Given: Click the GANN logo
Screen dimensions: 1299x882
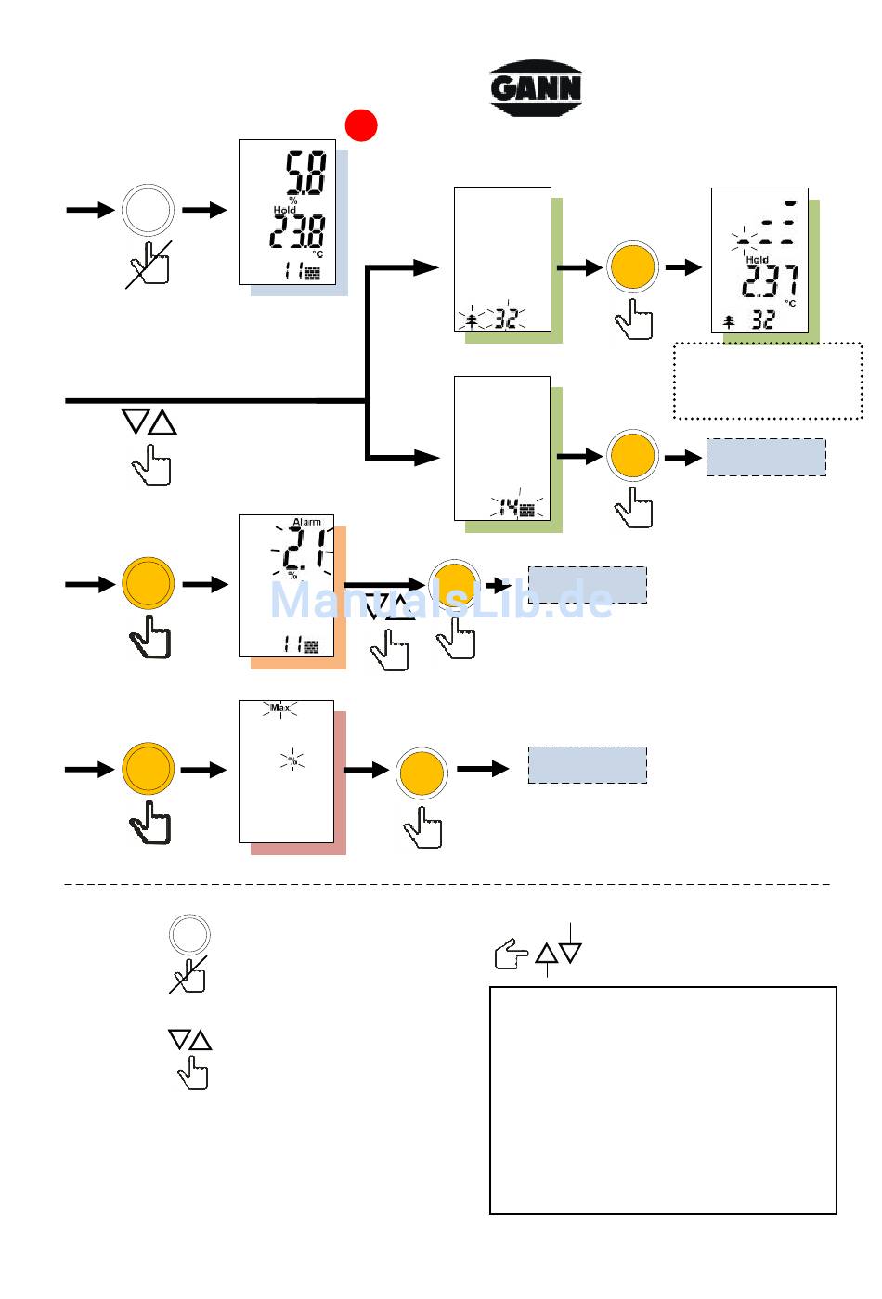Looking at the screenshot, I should (536, 88).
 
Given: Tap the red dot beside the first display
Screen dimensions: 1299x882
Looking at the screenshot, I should (361, 125).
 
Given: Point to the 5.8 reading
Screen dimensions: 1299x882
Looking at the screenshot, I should (305, 174).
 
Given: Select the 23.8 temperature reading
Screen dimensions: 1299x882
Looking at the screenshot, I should (297, 231).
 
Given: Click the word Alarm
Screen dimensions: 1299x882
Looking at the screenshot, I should (306, 522).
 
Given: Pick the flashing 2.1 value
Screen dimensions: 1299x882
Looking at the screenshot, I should (304, 553).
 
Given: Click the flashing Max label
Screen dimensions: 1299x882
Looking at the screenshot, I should (279, 708).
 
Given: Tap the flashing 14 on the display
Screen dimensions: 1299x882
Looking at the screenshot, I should (509, 508).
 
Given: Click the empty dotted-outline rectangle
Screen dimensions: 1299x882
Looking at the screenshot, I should (767, 381).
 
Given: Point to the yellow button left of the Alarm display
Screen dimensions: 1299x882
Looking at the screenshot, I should (148, 583).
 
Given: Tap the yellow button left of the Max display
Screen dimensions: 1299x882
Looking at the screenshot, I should (148, 769).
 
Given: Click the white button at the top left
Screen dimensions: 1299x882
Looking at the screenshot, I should (148, 210).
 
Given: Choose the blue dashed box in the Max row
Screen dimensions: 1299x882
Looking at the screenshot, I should (587, 764).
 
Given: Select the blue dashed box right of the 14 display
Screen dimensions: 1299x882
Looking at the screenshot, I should (766, 457).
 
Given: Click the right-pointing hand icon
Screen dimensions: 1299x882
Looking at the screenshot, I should (511, 954).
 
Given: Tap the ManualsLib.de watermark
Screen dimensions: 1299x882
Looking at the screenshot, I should (441, 601).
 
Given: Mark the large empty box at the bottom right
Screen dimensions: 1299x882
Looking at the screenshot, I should (663, 1099).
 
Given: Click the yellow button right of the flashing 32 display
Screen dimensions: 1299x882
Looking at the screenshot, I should (632, 266).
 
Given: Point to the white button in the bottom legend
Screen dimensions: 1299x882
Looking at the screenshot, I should (189, 934).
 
